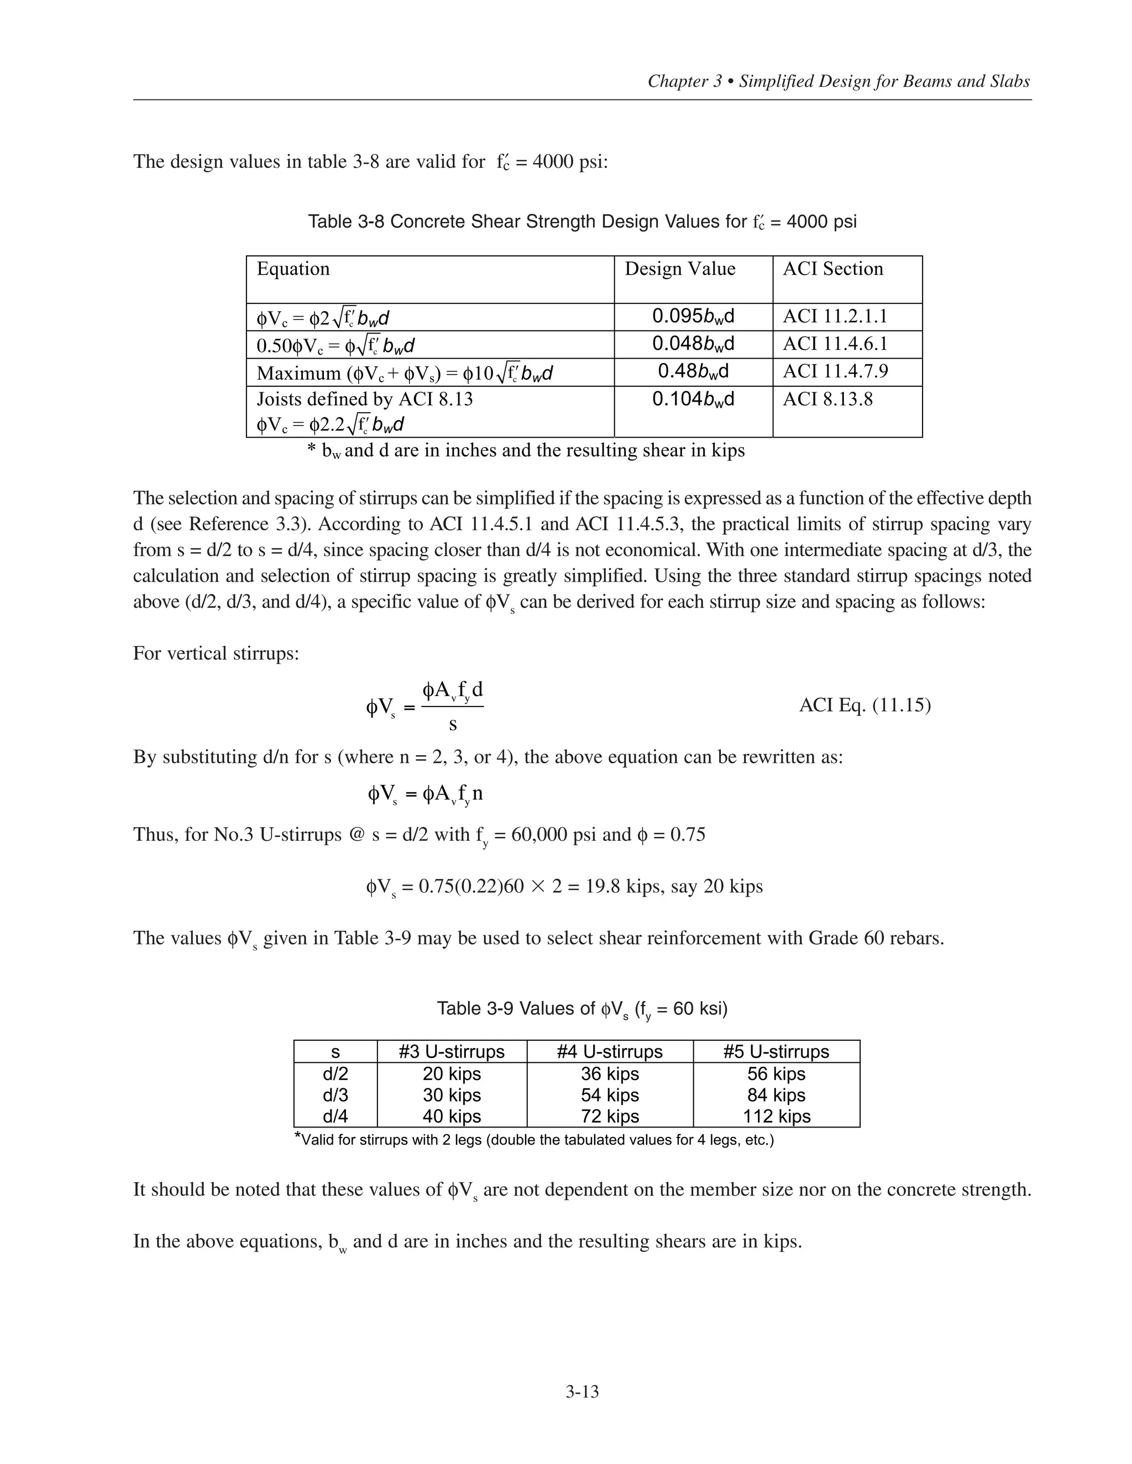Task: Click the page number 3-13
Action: tap(581, 1392)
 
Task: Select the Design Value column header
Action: tap(680, 269)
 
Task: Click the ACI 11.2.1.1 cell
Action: tap(835, 315)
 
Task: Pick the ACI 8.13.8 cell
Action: tap(827, 399)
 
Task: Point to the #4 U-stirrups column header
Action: tap(610, 1052)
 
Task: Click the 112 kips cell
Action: tap(777, 1116)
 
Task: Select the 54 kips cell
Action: tap(610, 1094)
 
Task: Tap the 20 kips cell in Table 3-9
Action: tap(452, 1074)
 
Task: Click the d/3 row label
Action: tap(336, 1094)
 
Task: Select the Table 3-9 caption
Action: tap(581, 1009)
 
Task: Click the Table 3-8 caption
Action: tap(581, 222)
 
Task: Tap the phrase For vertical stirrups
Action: tap(216, 653)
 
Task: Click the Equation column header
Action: tap(293, 269)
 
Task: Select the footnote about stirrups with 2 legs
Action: tap(534, 1140)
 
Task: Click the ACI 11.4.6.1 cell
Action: tap(835, 344)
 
